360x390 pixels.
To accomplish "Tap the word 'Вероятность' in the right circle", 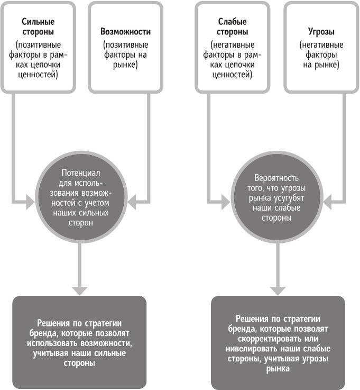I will point(276,178).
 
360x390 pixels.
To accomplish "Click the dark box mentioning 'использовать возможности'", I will point(79,342).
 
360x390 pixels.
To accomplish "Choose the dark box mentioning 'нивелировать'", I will point(278,342).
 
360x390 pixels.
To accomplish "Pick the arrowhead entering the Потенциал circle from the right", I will point(132,201).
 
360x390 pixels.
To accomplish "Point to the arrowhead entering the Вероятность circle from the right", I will point(329,201).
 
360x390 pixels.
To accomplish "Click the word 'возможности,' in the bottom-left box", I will point(109,343).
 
